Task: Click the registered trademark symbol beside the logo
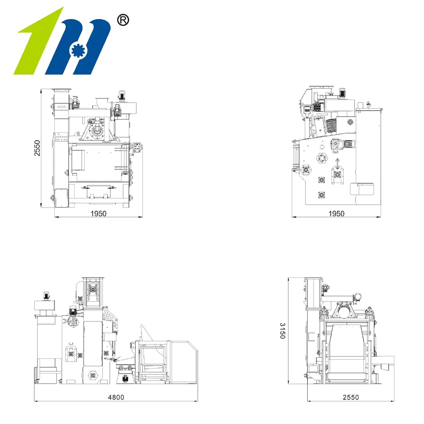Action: [122, 20]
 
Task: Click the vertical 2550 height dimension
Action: [37, 148]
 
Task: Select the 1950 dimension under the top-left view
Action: [98, 214]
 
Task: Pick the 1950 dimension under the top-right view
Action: [336, 214]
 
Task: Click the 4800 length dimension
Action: [116, 397]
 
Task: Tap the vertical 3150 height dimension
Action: [282, 330]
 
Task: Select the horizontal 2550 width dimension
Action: [350, 397]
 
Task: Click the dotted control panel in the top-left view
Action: [61, 137]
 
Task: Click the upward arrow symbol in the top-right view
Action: [338, 163]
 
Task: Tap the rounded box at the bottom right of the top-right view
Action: [362, 189]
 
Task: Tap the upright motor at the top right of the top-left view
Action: [122, 96]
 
